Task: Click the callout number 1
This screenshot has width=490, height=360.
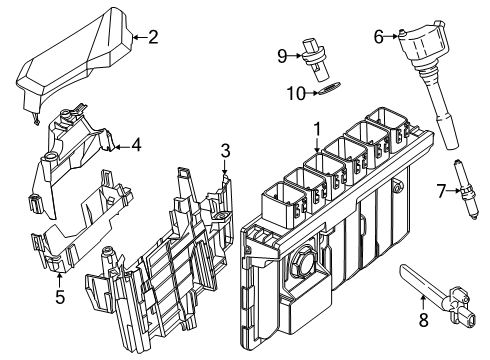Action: pyautogui.click(x=317, y=129)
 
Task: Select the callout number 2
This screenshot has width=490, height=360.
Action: pyautogui.click(x=153, y=39)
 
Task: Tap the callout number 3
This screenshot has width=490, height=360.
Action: pyautogui.click(x=226, y=151)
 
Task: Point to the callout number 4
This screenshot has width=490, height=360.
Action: pyautogui.click(x=136, y=144)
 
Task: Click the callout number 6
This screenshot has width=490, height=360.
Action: pyautogui.click(x=379, y=37)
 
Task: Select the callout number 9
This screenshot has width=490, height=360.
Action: pyautogui.click(x=282, y=54)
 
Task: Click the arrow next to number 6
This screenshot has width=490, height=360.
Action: pyautogui.click(x=392, y=37)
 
